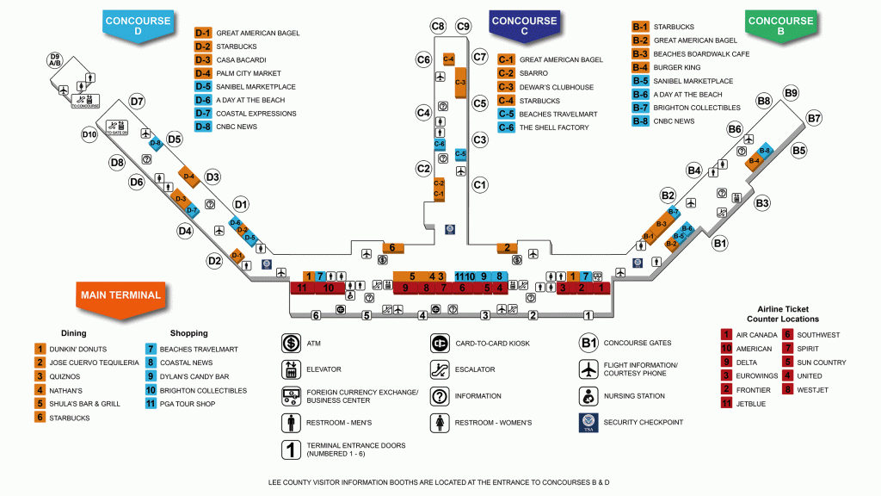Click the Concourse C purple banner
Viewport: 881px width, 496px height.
point(524,25)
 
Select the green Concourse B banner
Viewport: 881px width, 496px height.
point(780,25)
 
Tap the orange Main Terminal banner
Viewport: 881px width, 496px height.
point(120,294)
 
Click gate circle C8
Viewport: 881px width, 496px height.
point(438,26)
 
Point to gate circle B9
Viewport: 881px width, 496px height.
point(791,93)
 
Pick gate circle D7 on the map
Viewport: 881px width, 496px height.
point(137,102)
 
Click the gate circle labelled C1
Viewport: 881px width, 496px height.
point(480,184)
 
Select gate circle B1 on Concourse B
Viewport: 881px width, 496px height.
point(720,244)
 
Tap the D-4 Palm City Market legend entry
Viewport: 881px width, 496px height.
point(245,73)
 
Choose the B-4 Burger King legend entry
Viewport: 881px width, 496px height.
point(675,67)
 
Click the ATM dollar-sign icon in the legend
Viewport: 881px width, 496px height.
point(290,344)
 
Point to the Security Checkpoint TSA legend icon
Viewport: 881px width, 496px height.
point(588,423)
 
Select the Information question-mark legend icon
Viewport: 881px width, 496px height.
point(440,396)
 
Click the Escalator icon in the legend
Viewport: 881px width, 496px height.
point(440,369)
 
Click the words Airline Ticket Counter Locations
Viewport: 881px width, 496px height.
point(783,314)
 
